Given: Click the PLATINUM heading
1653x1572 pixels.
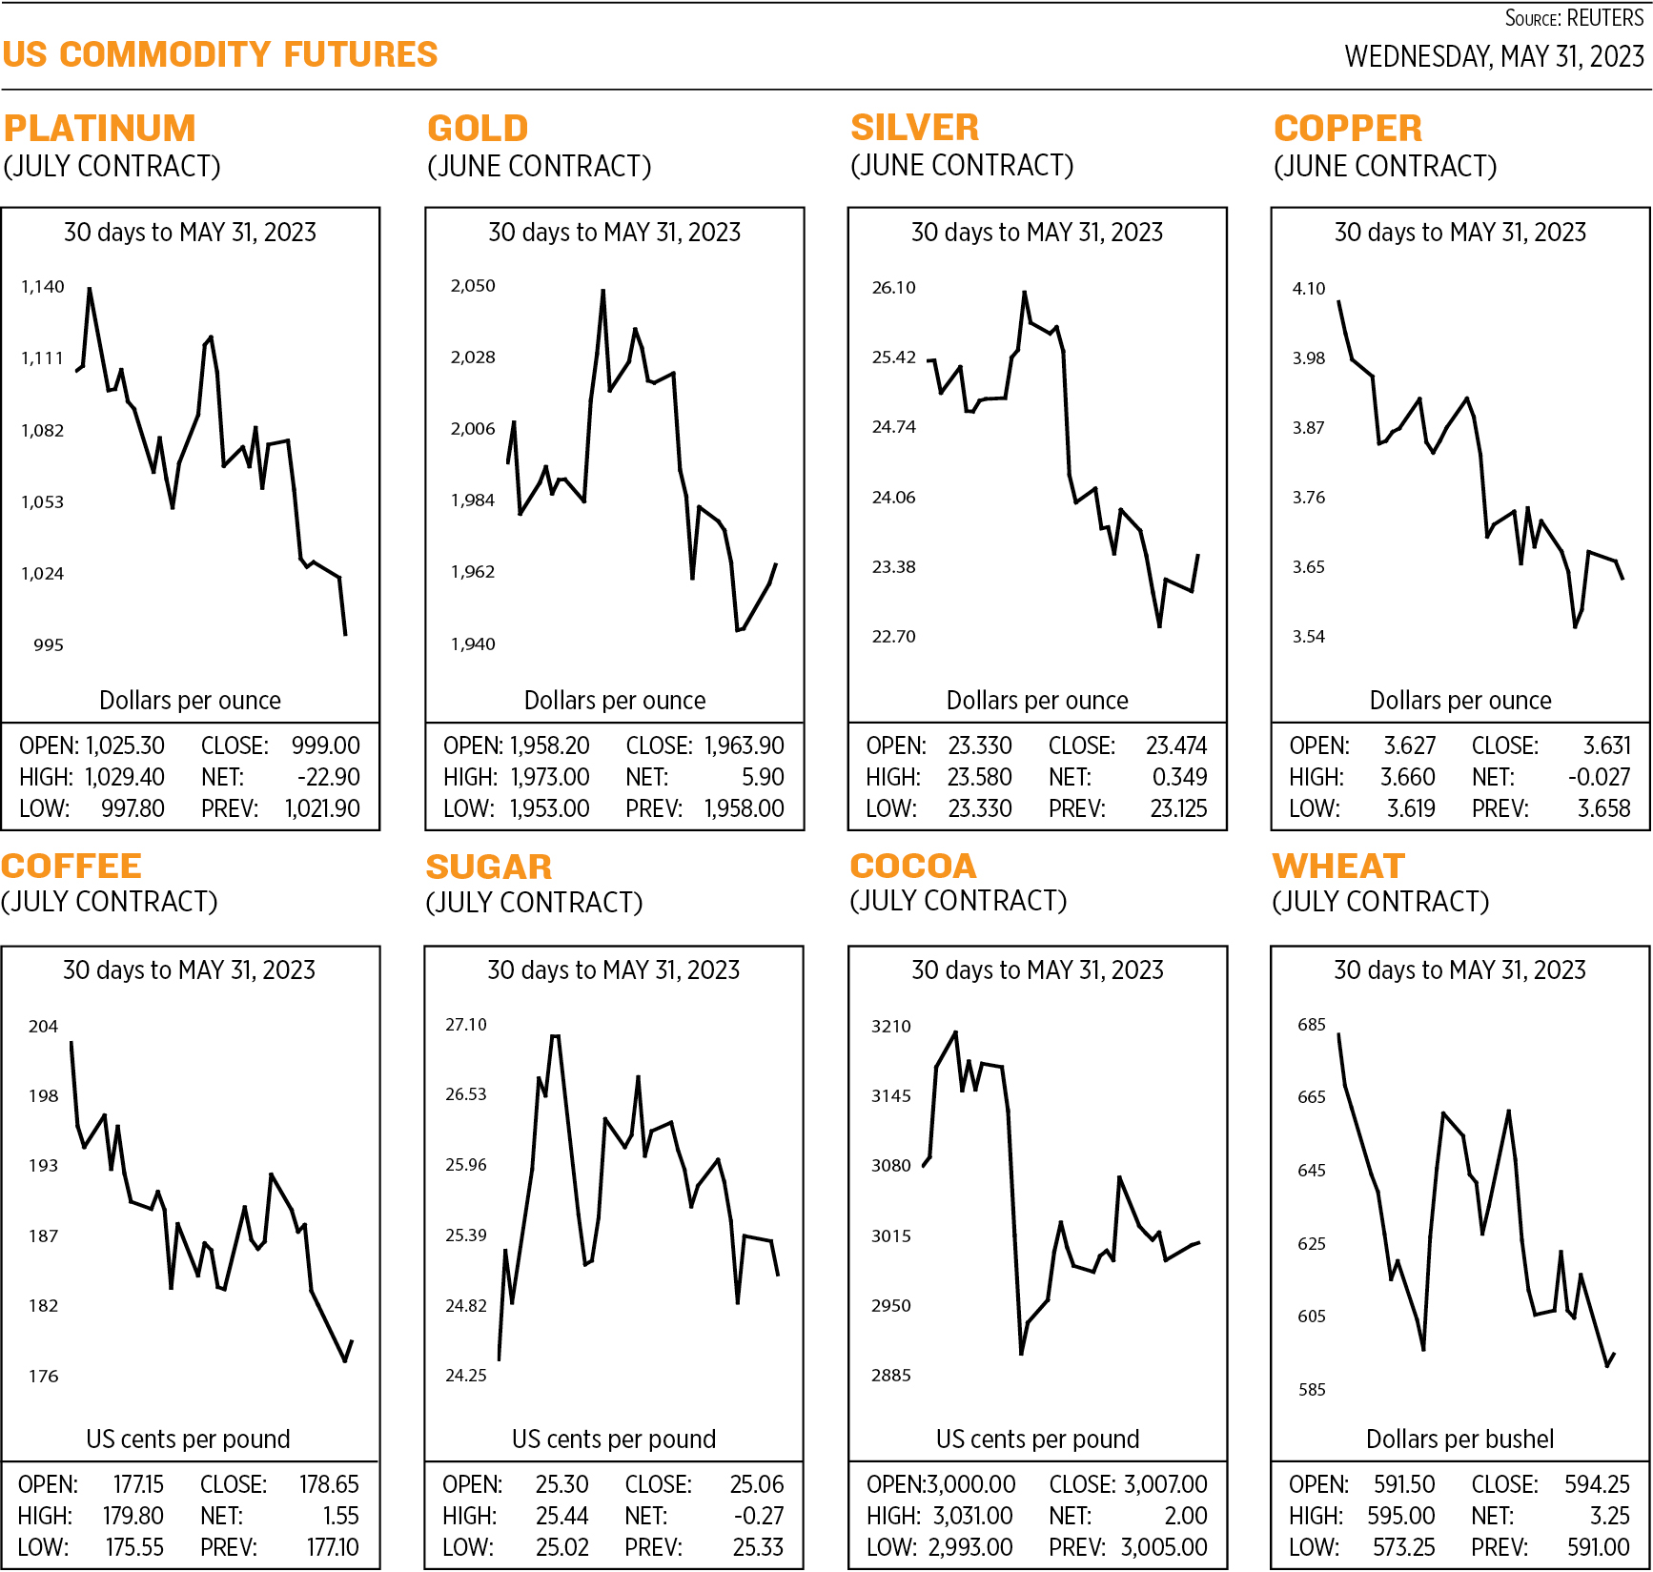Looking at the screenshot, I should (100, 129).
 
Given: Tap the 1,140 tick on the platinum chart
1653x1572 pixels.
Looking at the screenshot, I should (43, 287).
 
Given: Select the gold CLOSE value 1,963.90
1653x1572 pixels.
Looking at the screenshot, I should (745, 745).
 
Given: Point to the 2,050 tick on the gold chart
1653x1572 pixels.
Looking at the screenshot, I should (473, 286).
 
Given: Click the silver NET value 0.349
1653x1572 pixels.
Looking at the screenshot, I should (1179, 777).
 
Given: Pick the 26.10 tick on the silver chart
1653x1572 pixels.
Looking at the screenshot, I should (893, 288).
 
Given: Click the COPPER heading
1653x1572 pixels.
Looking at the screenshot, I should (1348, 129).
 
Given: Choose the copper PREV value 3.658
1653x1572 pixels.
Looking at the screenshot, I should (1603, 808).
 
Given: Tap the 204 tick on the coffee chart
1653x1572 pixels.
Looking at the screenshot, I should (43, 1027).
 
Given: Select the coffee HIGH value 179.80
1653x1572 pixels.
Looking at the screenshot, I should (133, 1516).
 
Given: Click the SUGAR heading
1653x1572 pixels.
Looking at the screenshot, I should (489, 867).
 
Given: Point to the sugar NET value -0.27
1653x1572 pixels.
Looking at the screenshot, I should (759, 1516).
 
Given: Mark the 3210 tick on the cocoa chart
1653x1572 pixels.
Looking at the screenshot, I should (891, 1027).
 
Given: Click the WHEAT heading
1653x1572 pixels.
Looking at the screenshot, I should (1338, 866).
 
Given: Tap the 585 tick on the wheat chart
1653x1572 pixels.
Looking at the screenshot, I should (1312, 1390).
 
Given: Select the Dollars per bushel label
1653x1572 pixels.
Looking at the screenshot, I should (1459, 1439).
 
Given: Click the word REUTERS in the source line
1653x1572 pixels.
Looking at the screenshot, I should (1605, 19).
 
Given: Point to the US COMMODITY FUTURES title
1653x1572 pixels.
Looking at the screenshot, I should (220, 55).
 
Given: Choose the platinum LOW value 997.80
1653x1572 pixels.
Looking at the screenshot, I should (133, 808).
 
